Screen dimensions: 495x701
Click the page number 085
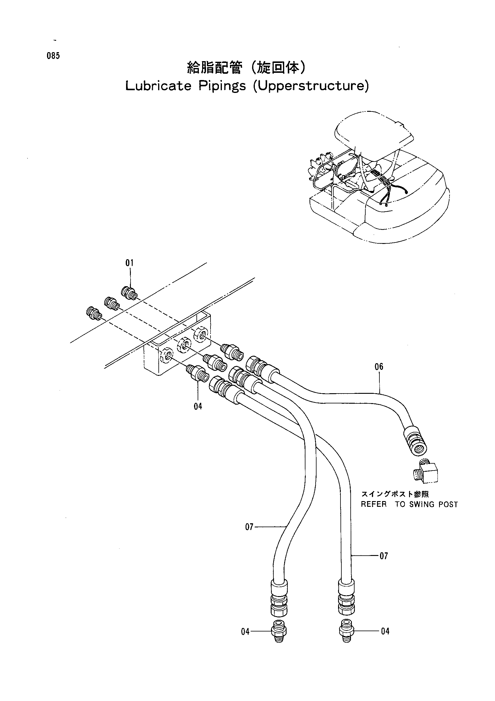click(x=53, y=56)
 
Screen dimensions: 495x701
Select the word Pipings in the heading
click(x=222, y=86)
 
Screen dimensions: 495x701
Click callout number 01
click(x=130, y=263)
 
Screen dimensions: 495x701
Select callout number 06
click(x=379, y=366)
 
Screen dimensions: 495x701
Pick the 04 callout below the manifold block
click(x=198, y=406)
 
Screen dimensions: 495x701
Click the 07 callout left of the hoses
click(x=249, y=527)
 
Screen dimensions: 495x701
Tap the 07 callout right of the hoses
click(x=384, y=556)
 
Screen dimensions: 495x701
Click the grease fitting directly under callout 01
click(x=129, y=293)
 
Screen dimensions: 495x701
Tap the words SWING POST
click(x=433, y=505)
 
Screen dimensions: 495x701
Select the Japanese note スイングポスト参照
click(x=395, y=494)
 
